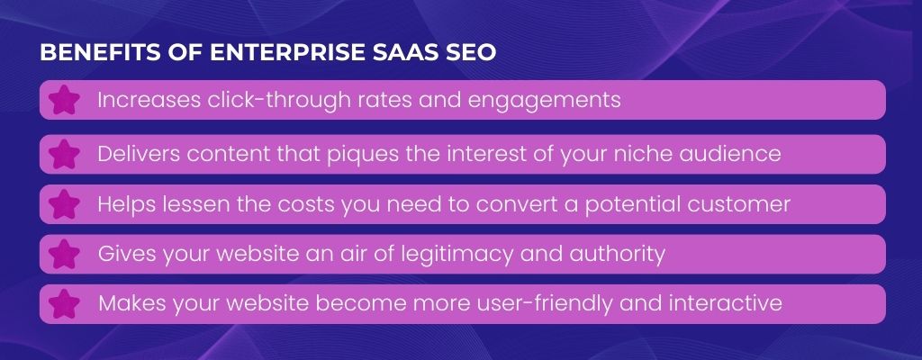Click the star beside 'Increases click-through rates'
[x=64, y=101]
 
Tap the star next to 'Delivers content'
[x=64, y=155]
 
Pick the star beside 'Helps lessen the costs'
[x=64, y=204]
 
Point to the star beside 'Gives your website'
[x=64, y=255]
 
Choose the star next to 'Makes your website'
[x=64, y=304]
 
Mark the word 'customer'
[x=735, y=204]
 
